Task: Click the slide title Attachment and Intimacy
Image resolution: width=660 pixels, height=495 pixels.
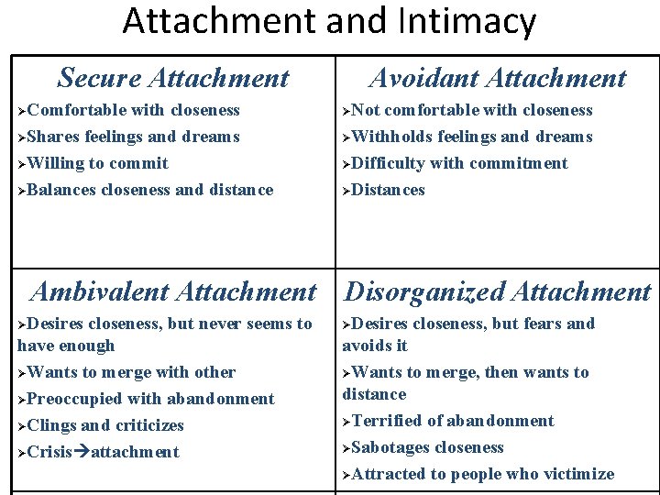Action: (x=329, y=21)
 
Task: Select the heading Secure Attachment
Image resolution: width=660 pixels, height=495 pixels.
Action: (x=173, y=78)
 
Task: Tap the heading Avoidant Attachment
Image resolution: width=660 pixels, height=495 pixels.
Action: (x=498, y=78)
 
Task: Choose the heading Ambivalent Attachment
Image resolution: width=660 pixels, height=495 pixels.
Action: (x=173, y=291)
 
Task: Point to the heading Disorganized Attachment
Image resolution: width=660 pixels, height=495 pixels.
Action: (x=498, y=291)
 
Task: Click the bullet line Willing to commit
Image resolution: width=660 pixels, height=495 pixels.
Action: (x=97, y=163)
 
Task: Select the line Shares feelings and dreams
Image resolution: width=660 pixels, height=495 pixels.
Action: (x=133, y=137)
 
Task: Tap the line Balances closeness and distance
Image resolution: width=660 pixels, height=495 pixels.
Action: (x=149, y=190)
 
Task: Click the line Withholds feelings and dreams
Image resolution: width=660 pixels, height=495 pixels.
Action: (x=471, y=137)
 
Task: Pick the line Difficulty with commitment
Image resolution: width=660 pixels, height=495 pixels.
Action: (x=459, y=163)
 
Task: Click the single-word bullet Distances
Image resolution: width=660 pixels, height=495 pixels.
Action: (x=388, y=190)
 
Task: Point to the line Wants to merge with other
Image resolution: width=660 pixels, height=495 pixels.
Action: (x=131, y=372)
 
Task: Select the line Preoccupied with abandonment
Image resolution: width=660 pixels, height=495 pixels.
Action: (x=150, y=399)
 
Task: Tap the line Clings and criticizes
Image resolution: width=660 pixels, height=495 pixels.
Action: (x=105, y=425)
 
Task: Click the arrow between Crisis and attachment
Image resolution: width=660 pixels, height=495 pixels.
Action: (x=82, y=452)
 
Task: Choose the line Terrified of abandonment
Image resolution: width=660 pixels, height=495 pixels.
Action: (x=453, y=421)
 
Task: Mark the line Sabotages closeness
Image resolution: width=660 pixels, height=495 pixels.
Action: (x=427, y=447)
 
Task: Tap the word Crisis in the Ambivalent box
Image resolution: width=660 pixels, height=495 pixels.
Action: (x=49, y=452)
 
